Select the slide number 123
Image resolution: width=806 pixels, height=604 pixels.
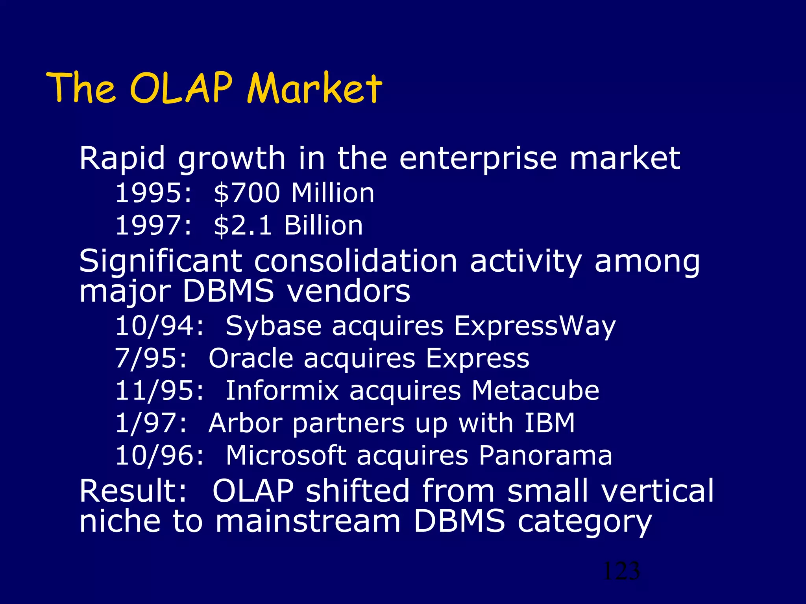(621, 571)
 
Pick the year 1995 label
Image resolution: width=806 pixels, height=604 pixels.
(150, 193)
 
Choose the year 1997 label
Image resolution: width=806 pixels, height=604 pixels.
(150, 225)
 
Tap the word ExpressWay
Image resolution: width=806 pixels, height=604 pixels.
(534, 326)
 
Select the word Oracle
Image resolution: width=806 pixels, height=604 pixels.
(251, 359)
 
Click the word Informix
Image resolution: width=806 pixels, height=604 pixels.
(282, 391)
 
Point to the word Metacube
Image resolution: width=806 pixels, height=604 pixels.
(535, 391)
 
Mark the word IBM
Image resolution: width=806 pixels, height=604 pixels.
(549, 423)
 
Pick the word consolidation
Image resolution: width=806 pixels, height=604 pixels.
(355, 261)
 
